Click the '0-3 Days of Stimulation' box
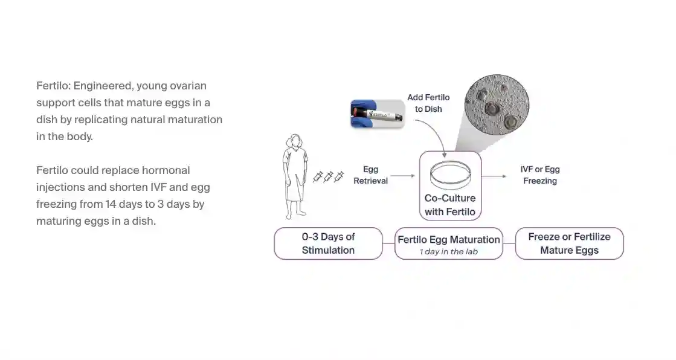(328, 243)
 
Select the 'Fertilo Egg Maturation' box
(448, 243)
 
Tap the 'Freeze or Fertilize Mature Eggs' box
(569, 243)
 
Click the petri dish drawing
(450, 175)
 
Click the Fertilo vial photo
(378, 114)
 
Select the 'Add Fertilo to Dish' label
(428, 103)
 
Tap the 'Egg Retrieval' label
(370, 175)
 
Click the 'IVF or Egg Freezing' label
(540, 175)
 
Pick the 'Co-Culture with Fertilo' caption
(450, 205)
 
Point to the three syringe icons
(328, 177)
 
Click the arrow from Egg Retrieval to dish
(404, 176)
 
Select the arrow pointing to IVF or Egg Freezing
(494, 176)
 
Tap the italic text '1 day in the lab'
(448, 252)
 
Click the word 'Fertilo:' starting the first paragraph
(53, 86)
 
